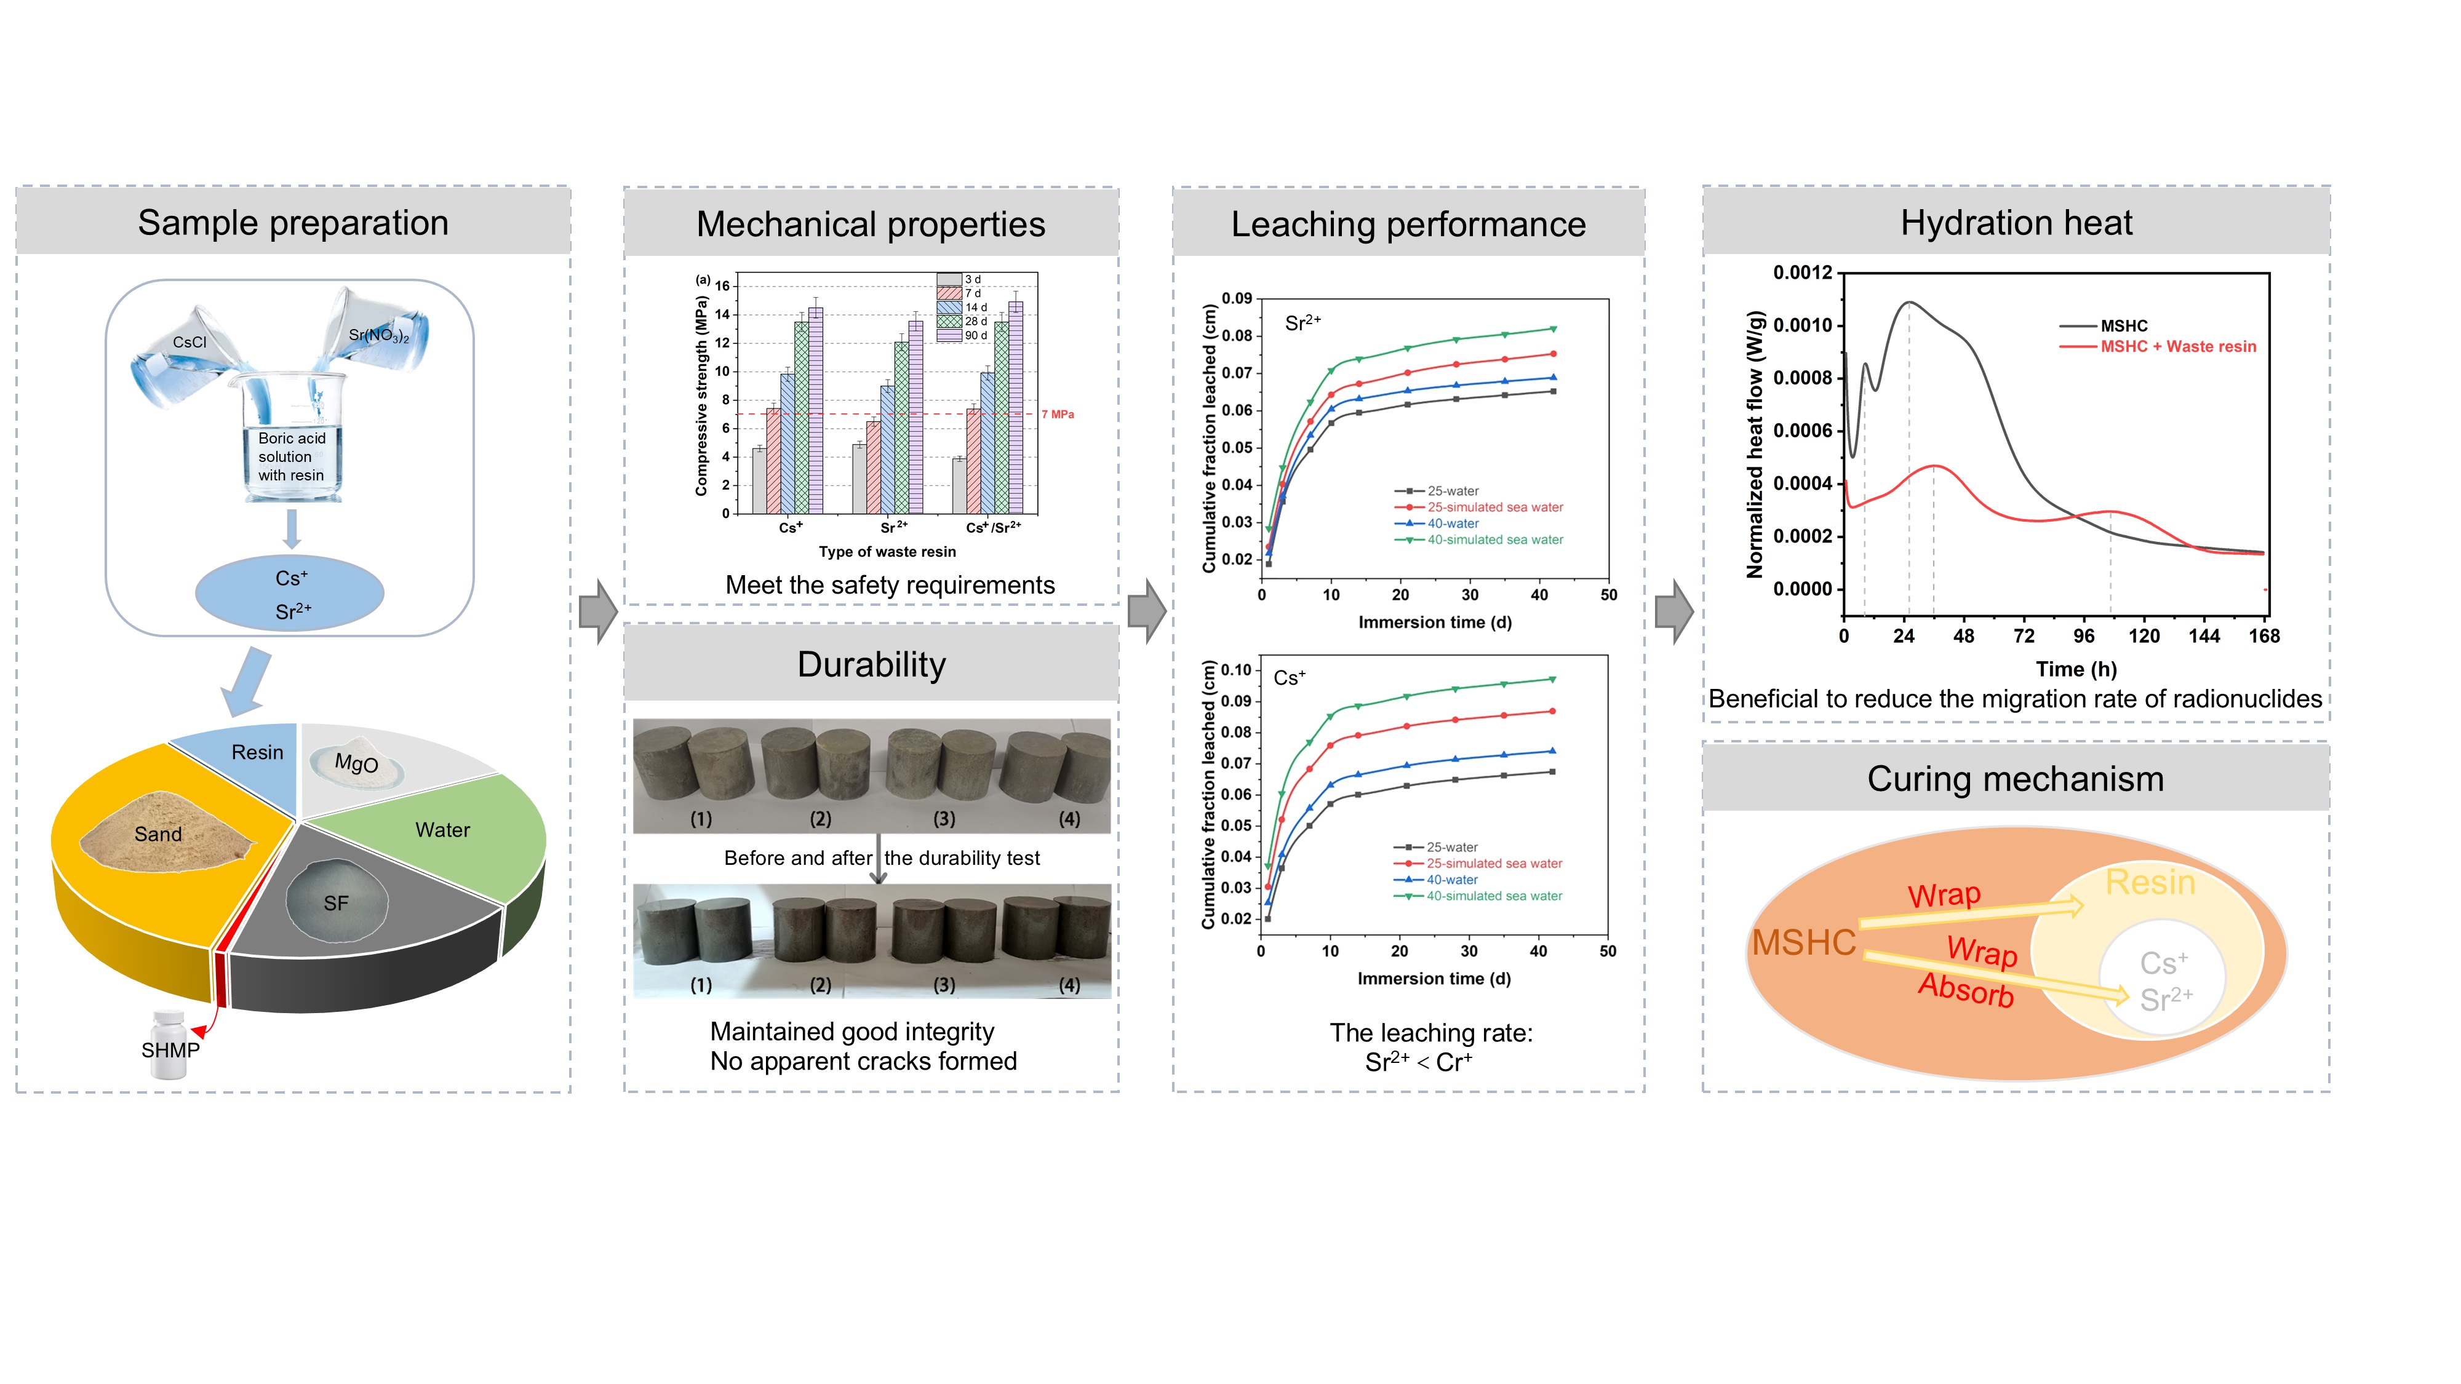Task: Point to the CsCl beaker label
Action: click(189, 342)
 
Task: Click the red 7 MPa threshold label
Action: click(1058, 415)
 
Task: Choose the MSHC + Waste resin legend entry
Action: click(2177, 347)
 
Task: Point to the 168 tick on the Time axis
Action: click(2264, 636)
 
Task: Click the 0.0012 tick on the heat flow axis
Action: click(1803, 273)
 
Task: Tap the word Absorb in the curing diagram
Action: click(1966, 990)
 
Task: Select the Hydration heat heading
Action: click(2016, 223)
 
